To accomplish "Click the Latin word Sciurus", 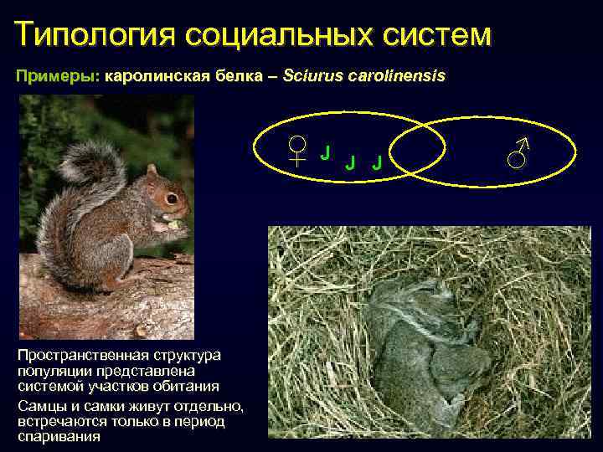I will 312,76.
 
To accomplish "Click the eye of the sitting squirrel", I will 171,199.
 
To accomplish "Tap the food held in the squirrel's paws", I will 173,223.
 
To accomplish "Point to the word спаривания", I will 58,436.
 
